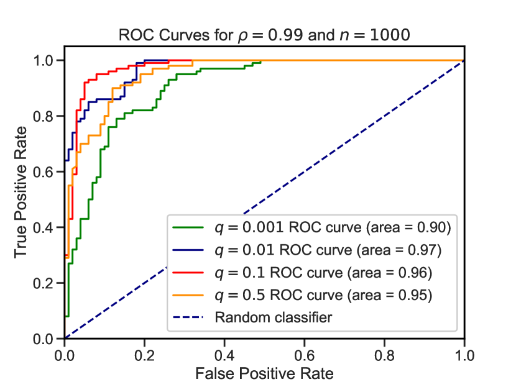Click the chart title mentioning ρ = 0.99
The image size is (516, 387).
pyautogui.click(x=264, y=35)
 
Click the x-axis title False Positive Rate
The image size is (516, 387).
pyautogui.click(x=264, y=373)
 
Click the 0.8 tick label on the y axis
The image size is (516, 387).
pyautogui.click(x=48, y=116)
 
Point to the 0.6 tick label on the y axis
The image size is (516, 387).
pyautogui.click(x=48, y=172)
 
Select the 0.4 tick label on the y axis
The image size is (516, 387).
pyautogui.click(x=48, y=227)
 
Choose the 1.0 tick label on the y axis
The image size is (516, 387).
pyautogui.click(x=48, y=61)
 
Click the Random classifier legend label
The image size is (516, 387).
pyautogui.click(x=274, y=317)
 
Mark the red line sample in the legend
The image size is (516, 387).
pyautogui.click(x=190, y=273)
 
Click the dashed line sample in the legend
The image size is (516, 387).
pyautogui.click(x=190, y=318)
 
